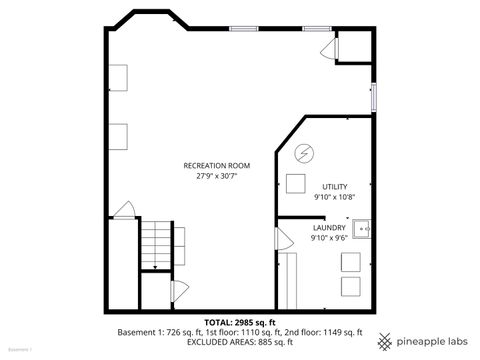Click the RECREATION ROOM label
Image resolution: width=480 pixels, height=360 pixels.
pos(216,165)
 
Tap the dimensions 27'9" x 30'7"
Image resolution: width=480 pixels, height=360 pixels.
pos(216,176)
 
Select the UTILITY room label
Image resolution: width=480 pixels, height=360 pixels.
pos(334,187)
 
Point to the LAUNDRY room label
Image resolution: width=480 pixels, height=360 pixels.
pos(328,228)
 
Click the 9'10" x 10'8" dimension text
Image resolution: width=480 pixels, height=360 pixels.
pos(334,198)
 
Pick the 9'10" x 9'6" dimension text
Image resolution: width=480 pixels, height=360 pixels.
pos(328,239)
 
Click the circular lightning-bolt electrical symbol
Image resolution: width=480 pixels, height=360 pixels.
pos(305,154)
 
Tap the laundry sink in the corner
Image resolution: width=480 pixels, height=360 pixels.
pos(366,229)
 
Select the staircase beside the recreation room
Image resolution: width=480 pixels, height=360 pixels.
pos(155,246)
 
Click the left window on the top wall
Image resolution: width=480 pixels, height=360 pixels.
pos(244,28)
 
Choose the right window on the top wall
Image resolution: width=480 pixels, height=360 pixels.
pos(318,28)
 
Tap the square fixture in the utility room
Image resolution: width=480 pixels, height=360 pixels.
pos(295,183)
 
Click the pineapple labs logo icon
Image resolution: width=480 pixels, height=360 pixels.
pos(384,338)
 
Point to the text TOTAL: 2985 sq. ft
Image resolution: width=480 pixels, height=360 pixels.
pos(240,322)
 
